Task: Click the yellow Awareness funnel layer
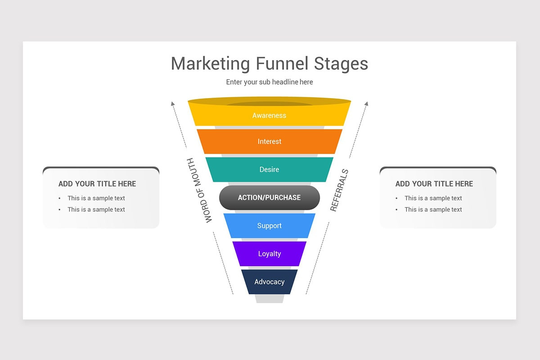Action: point(269,116)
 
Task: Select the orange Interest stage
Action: point(269,142)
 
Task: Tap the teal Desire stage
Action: point(269,170)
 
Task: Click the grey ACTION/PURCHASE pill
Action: point(269,198)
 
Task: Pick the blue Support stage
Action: point(269,226)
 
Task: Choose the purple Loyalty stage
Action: point(269,254)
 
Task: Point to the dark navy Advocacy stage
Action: point(269,282)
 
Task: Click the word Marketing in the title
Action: point(210,63)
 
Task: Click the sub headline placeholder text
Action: point(269,82)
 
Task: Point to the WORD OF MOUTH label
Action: point(199,190)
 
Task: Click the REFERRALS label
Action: point(339,190)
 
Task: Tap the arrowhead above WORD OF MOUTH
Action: point(172,104)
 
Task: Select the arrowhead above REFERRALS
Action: point(366,104)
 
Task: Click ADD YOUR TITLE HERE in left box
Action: point(97,184)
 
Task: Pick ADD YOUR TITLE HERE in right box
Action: point(434,184)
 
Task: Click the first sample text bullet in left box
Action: point(96,198)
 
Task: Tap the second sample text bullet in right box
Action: point(433,209)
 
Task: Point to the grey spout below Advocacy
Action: point(269,298)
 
